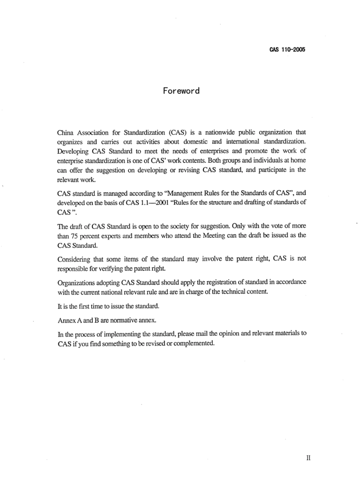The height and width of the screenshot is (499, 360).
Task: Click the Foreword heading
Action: coord(181,91)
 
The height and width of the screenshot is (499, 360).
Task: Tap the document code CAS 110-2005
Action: coord(287,50)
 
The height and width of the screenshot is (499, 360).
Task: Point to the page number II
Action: coord(308,458)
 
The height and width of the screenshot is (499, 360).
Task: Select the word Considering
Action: coord(74,259)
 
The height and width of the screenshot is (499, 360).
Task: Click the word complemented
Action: coord(194,343)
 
